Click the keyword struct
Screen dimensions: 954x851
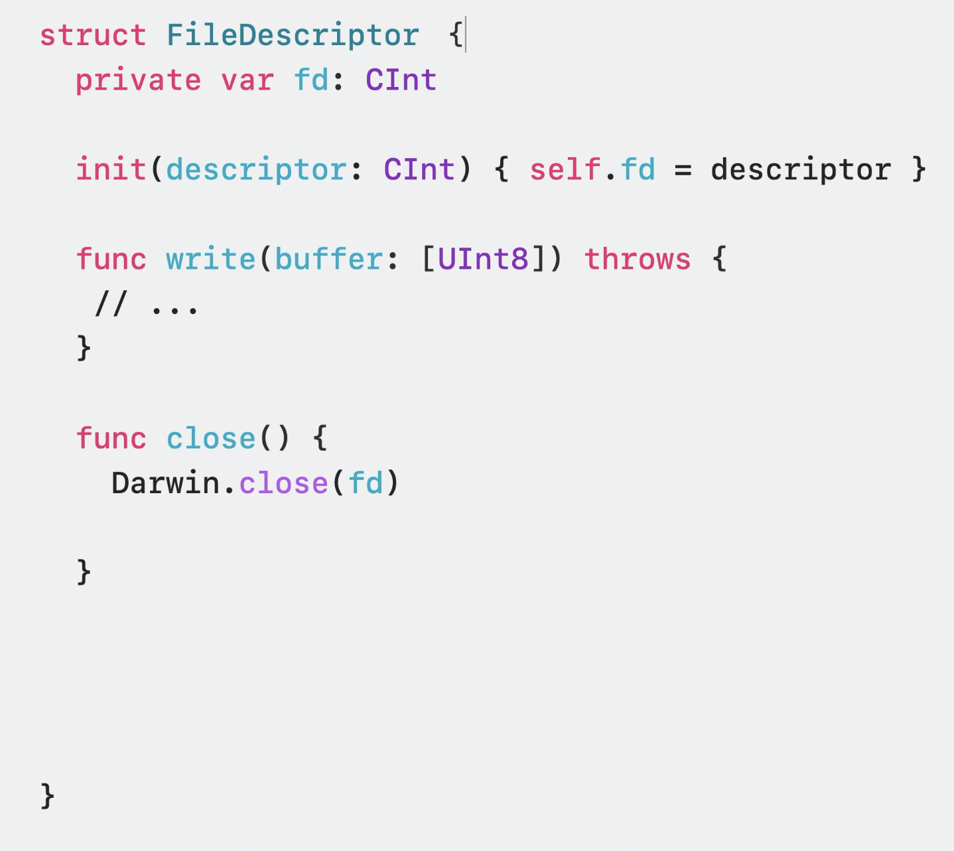pyautogui.click(x=93, y=35)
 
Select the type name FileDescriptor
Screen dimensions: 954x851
pyautogui.click(x=293, y=35)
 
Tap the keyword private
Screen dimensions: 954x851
pyautogui.click(x=138, y=80)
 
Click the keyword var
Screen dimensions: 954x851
pyautogui.click(x=247, y=80)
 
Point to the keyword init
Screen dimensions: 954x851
pyautogui.click(x=111, y=169)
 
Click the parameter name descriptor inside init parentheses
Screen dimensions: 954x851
pyautogui.click(x=256, y=170)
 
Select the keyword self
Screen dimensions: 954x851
pyautogui.click(x=565, y=169)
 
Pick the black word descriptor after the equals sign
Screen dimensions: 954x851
pyautogui.click(x=801, y=170)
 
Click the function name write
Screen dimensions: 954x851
pyautogui.click(x=211, y=259)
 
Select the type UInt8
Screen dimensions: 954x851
pyautogui.click(x=483, y=259)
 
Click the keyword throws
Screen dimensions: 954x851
pyautogui.click(x=638, y=259)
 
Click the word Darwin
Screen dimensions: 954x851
pyautogui.click(x=165, y=483)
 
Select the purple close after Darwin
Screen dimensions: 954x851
pyautogui.click(x=283, y=483)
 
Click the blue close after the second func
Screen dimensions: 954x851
pyautogui.click(x=211, y=438)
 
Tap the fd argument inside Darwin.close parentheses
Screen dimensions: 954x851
pyautogui.click(x=366, y=483)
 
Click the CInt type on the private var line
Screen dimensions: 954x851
pyautogui.click(x=401, y=80)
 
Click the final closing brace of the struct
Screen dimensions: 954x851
pyautogui.click(x=47, y=795)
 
